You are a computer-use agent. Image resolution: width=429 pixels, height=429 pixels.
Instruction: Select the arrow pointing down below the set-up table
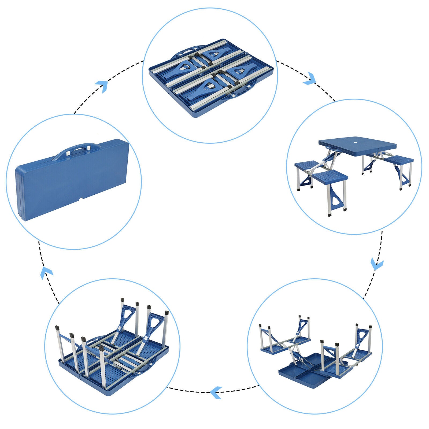pyautogui.click(x=377, y=264)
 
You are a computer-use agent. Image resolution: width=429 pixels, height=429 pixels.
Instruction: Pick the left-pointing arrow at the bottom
pyautogui.click(x=216, y=393)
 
